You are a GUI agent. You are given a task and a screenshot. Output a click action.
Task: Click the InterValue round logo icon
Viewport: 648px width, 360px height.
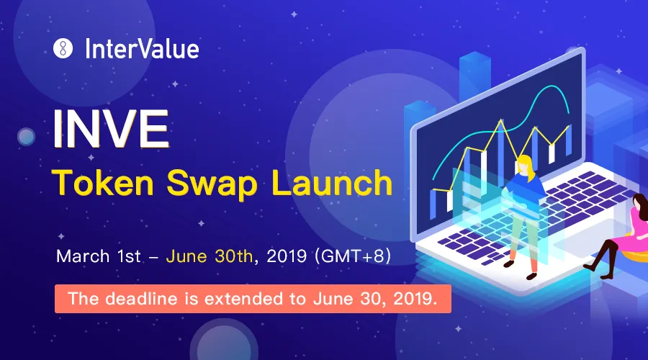(63, 48)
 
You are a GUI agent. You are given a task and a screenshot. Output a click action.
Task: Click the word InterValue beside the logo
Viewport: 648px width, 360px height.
(142, 49)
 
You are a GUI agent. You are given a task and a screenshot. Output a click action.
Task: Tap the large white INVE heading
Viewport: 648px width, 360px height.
(111, 129)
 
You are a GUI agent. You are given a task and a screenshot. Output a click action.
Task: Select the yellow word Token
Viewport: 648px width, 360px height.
(103, 183)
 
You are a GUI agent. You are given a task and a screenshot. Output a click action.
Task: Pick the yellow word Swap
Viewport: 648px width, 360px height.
(212, 184)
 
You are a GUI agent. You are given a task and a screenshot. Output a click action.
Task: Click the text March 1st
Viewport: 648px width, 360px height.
(99, 256)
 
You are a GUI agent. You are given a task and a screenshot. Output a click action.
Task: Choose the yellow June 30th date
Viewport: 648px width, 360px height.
(209, 256)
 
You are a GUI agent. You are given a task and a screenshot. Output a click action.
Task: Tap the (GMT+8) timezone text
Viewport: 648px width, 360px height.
(353, 256)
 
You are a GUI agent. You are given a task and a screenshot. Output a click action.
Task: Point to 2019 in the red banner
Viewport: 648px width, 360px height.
(415, 298)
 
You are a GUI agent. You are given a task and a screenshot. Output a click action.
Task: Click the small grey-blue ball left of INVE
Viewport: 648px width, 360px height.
(26, 136)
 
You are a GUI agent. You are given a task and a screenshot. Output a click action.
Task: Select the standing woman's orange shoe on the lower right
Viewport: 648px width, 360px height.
(531, 275)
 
